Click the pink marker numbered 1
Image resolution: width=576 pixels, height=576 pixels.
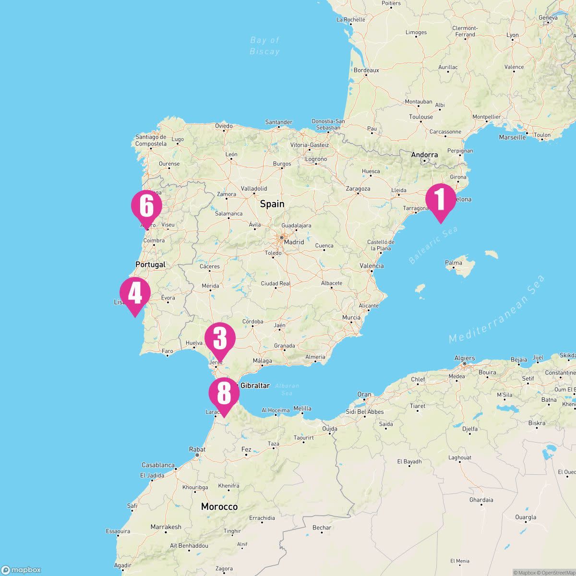tap(441, 200)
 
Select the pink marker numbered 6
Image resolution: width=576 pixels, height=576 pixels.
tap(146, 206)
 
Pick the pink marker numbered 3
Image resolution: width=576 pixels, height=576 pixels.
tap(220, 338)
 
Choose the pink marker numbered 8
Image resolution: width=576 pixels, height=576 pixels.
tap(224, 393)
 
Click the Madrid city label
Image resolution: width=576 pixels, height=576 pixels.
tap(294, 242)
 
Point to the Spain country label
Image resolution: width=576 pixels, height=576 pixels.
tap(272, 204)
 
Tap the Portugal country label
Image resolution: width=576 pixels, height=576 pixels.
tap(150, 264)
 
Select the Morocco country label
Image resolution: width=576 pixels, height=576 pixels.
tap(219, 507)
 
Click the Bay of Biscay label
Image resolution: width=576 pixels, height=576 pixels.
tap(264, 46)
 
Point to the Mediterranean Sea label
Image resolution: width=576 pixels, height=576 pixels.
tap(497, 309)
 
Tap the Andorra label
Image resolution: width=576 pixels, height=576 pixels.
tap(424, 155)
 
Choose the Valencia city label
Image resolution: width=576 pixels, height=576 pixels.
tap(372, 266)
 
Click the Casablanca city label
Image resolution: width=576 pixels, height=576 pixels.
tap(158, 465)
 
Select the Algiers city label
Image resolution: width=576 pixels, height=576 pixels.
tap(465, 358)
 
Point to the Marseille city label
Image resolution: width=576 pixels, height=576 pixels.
tap(512, 137)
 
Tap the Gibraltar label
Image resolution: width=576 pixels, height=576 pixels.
tap(255, 385)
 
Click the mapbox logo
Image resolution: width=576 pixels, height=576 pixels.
tap(22, 570)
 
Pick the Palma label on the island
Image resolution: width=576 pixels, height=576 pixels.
tap(454, 263)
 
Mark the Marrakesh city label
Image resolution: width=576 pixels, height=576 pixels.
tap(166, 527)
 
